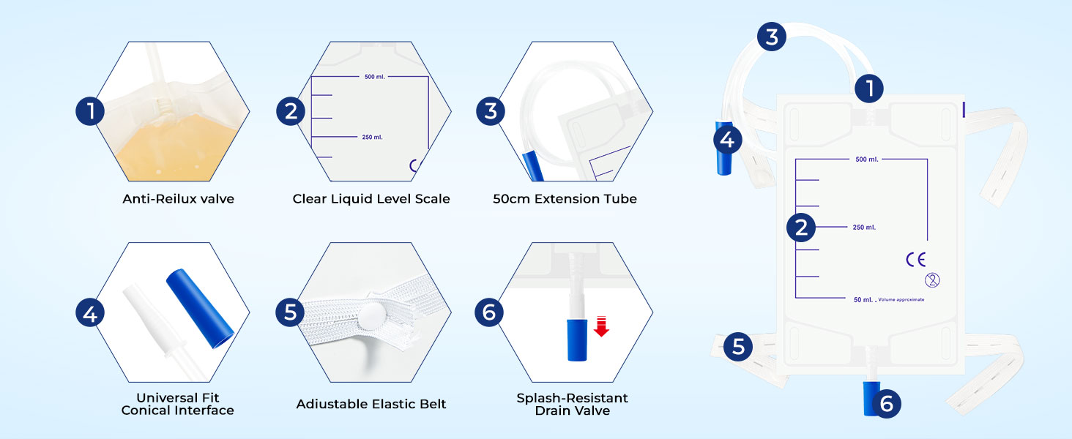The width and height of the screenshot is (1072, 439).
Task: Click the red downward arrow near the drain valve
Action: coord(601,326)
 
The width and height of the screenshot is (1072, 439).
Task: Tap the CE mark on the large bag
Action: coord(916,259)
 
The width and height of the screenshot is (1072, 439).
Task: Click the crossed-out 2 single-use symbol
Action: coord(932,279)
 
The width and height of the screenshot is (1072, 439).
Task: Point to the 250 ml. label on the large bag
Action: coord(864,228)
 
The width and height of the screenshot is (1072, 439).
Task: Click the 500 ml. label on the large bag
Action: coord(866,159)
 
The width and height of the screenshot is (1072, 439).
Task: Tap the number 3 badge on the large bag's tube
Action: coord(772,36)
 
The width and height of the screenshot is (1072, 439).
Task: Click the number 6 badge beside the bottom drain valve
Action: coord(887,403)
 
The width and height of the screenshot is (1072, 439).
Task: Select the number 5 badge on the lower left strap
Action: coord(738,346)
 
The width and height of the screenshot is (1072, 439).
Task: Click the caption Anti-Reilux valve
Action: coord(179,199)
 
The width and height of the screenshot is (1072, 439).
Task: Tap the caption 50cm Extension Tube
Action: coord(565,199)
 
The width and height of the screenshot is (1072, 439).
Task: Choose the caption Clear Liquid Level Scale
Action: coord(371,199)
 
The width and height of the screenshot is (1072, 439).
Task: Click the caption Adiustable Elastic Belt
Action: coord(371,404)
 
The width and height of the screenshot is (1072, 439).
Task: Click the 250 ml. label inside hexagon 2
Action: coord(372,137)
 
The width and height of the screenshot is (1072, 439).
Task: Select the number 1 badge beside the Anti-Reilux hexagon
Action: coord(91,111)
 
